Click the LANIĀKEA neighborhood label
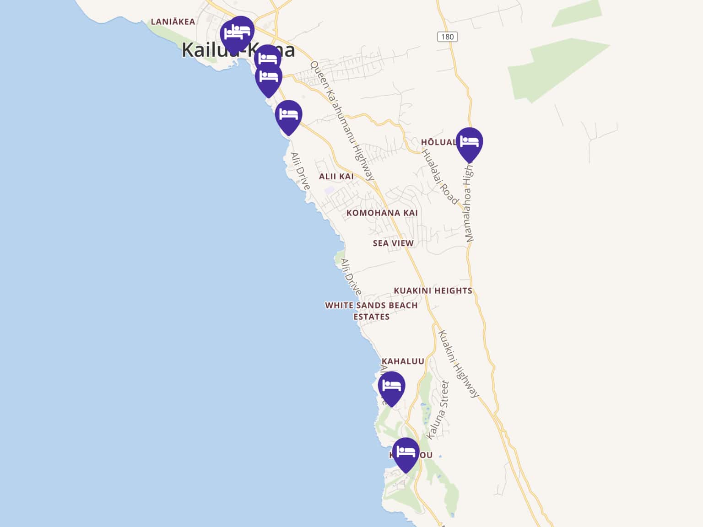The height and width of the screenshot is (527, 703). coord(173,22)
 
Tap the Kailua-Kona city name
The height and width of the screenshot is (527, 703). coord(238,50)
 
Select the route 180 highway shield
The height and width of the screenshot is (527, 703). coord(447,37)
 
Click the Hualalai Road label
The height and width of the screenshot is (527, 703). coord(439,177)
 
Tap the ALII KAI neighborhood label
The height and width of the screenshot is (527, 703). coord(336,177)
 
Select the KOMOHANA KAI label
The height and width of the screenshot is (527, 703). coord(382,213)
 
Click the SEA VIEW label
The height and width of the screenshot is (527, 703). coord(393,243)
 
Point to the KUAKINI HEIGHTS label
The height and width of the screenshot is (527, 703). coord(433,290)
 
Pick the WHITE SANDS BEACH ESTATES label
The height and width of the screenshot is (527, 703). coord(371,311)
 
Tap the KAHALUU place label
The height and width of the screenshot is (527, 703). coord(403,361)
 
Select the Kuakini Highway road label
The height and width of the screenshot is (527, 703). coord(459,364)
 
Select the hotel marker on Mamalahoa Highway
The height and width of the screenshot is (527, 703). coord(469,143)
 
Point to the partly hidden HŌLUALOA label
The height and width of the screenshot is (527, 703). coord(438,142)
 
